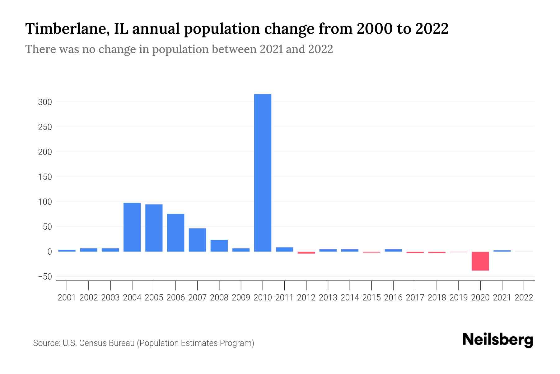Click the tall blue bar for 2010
263,173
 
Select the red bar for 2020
480,261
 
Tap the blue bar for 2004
132,227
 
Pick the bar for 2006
175,233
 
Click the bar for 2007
197,240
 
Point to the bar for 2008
219,246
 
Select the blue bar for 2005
154,228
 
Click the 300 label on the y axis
45,102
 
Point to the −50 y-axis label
45,277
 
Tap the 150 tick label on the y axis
45,177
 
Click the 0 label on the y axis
49,252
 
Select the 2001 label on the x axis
67,298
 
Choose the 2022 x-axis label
524,298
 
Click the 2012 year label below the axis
306,298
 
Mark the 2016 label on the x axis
393,298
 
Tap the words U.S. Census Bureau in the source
99,343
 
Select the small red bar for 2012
306,253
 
